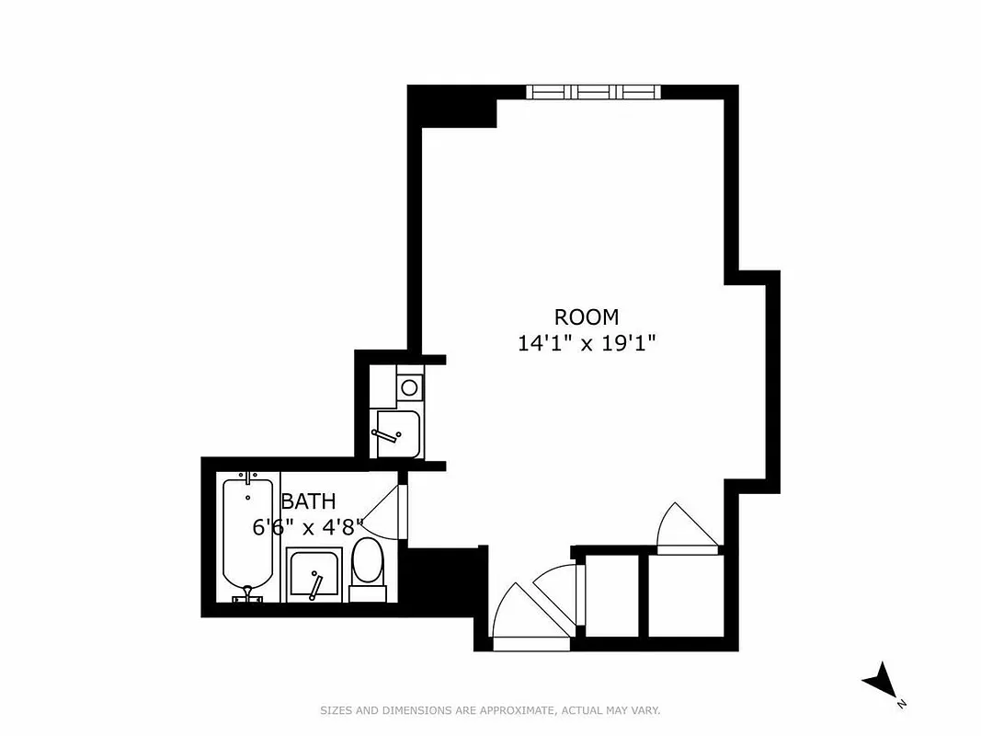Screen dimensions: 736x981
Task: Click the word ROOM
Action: click(x=586, y=317)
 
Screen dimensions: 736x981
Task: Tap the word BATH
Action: click(x=308, y=501)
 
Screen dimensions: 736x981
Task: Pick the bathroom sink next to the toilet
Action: click(x=314, y=575)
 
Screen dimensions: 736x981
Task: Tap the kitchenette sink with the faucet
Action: click(x=398, y=433)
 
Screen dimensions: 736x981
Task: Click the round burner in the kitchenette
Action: click(x=409, y=386)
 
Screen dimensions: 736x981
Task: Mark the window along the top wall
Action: click(x=593, y=91)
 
